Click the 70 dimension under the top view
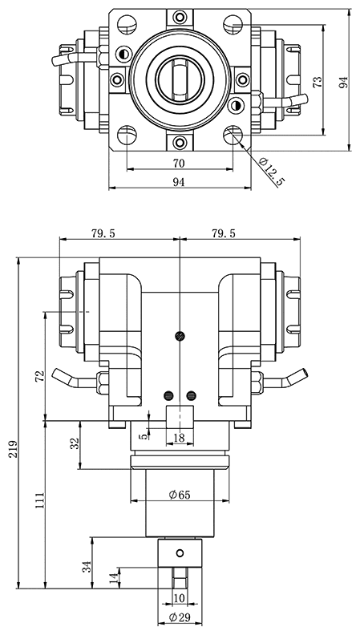click(x=179, y=163)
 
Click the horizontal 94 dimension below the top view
click(x=179, y=183)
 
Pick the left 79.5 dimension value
click(x=103, y=233)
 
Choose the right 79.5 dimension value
click(x=224, y=233)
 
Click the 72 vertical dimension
click(x=40, y=377)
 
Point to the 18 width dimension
click(x=180, y=437)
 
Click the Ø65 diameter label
click(x=180, y=495)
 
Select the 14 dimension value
click(x=113, y=576)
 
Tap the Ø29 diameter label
click(x=180, y=617)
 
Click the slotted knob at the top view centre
click(x=180, y=78)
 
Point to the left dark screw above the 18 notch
click(x=168, y=394)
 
